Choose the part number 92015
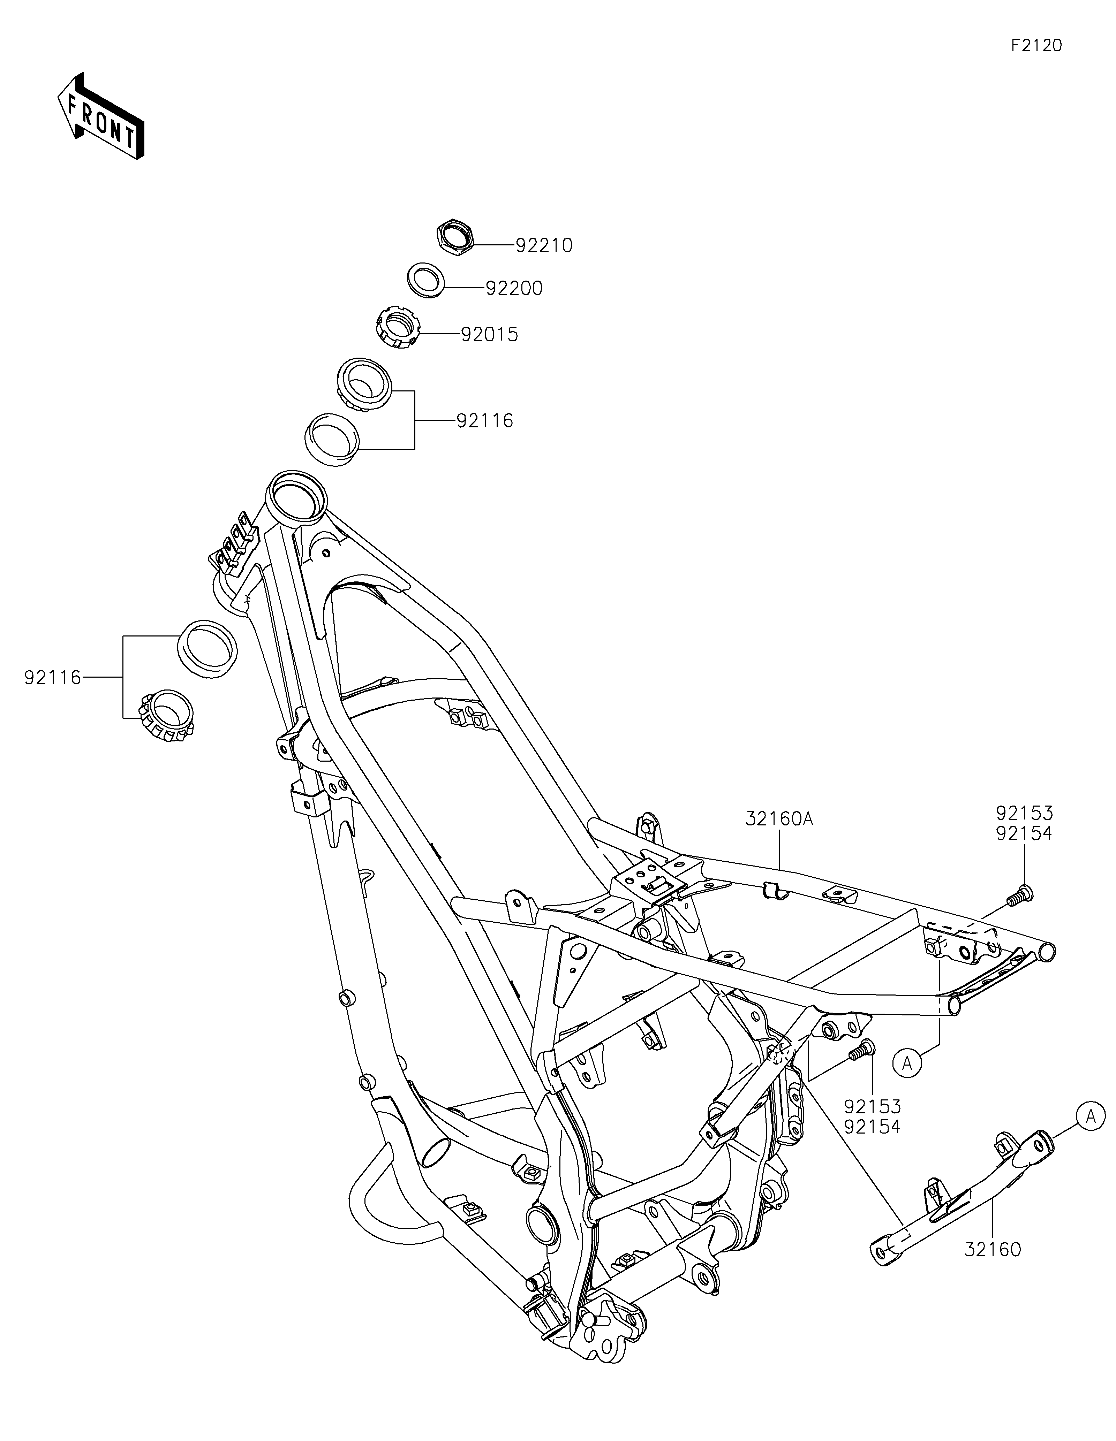click(x=489, y=335)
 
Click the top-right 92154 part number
click(x=1024, y=834)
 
